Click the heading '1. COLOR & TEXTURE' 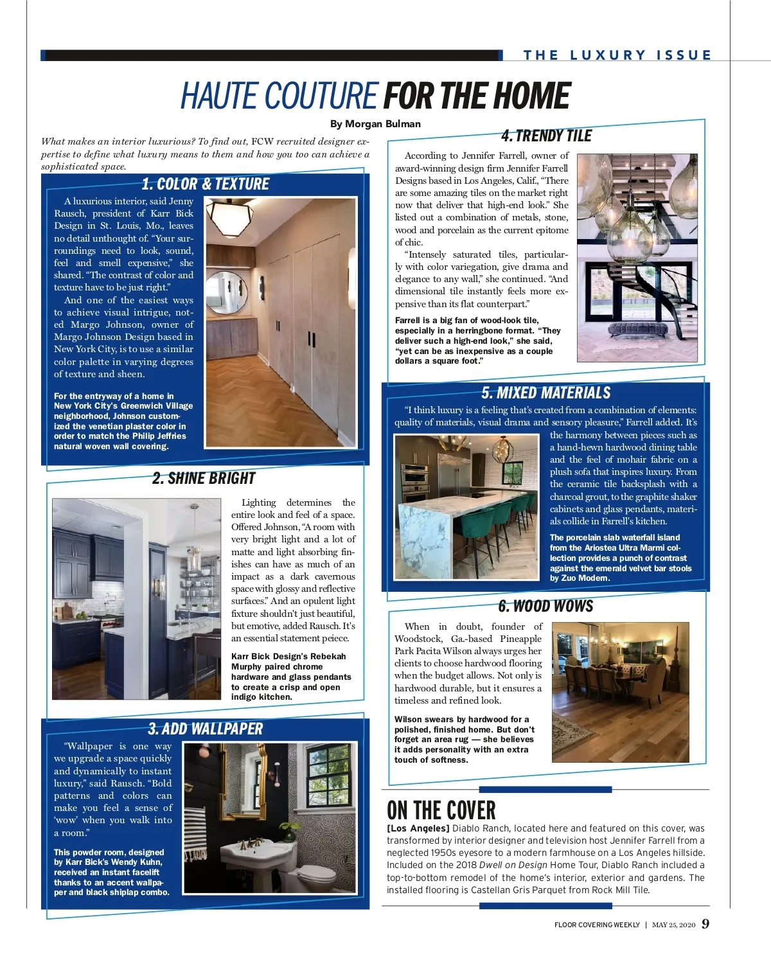click(205, 184)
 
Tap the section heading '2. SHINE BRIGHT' click(204, 479)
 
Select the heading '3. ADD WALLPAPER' click(206, 729)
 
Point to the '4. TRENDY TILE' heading click(546, 136)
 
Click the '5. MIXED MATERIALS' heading click(546, 393)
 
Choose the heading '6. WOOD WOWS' click(545, 606)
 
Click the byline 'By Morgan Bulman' click(375, 124)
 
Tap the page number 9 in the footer click(705, 924)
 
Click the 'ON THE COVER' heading click(441, 810)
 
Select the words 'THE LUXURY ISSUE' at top click(617, 55)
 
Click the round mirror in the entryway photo click(227, 292)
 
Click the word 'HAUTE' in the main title click(222, 96)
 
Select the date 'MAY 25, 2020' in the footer click(673, 925)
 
